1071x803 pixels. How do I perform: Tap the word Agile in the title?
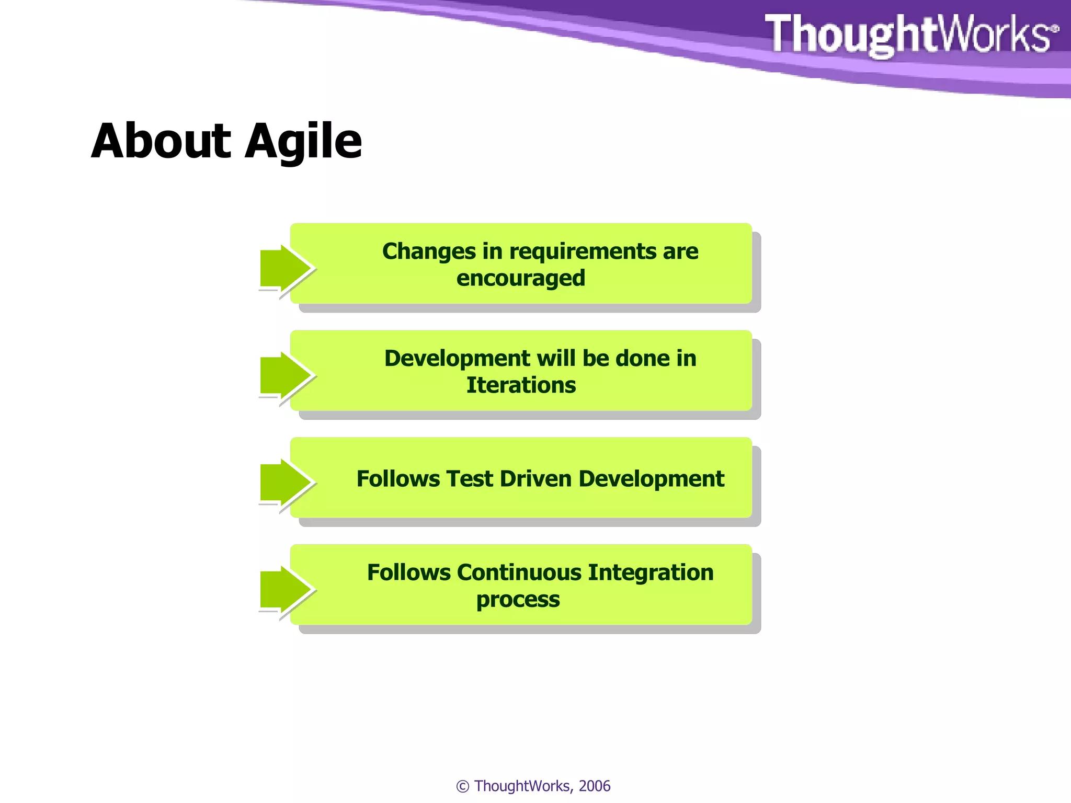pos(303,142)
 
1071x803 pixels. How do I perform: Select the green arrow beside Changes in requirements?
pos(285,269)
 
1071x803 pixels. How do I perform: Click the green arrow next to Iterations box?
pos(285,375)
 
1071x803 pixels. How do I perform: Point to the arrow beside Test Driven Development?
pos(285,483)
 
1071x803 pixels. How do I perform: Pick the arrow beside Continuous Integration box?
pos(285,590)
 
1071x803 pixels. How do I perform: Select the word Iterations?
pos(521,385)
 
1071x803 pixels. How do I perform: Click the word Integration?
pos(651,572)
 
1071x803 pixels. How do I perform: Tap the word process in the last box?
pos(518,600)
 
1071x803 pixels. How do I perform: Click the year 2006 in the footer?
pos(595,786)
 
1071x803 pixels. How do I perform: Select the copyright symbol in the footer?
pos(462,786)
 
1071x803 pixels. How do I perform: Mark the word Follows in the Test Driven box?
pos(398,479)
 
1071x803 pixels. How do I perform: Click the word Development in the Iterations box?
pos(457,359)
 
